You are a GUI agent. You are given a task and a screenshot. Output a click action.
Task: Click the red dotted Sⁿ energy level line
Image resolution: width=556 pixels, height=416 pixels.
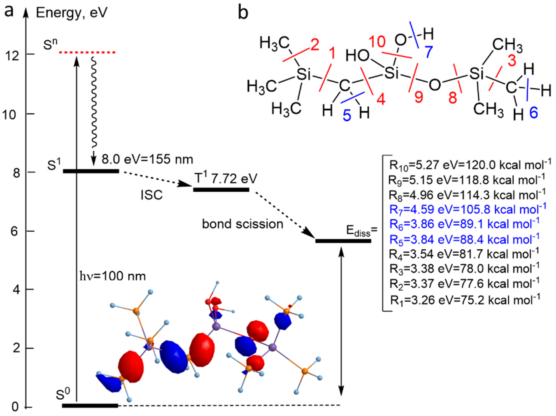point(87,52)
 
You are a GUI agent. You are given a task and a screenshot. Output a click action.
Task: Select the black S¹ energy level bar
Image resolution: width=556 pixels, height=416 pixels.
point(91,171)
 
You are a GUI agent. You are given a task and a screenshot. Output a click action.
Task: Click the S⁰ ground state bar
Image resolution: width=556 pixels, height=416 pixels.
point(90,406)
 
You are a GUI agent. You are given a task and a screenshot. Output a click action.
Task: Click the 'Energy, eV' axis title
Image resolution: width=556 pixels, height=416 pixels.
point(72,13)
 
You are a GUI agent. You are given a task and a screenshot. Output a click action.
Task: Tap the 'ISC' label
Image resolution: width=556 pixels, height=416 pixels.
point(152,195)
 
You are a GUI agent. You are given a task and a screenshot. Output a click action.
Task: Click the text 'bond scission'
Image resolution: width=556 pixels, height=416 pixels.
point(243,224)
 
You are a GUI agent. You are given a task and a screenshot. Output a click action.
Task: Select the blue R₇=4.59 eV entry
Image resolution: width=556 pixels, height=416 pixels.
point(467,210)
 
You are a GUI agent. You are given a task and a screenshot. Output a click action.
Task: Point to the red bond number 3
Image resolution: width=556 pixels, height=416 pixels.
point(512,60)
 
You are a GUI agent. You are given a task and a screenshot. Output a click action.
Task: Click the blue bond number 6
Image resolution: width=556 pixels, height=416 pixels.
point(534,113)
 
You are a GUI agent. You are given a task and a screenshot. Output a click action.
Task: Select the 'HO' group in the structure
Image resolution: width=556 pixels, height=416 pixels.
point(358,55)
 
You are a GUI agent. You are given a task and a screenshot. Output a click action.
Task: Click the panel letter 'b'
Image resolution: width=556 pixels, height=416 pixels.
point(243,13)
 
